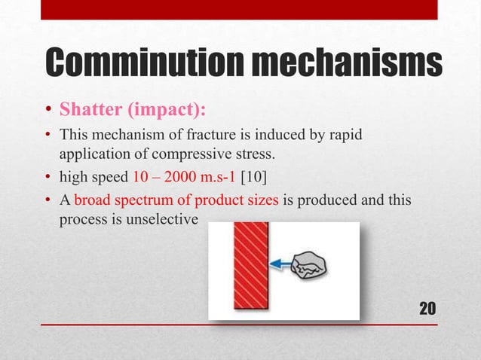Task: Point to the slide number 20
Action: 427,308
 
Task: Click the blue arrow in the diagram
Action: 283,263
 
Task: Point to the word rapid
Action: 346,135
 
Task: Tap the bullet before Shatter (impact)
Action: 46,112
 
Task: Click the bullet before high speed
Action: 46,176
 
